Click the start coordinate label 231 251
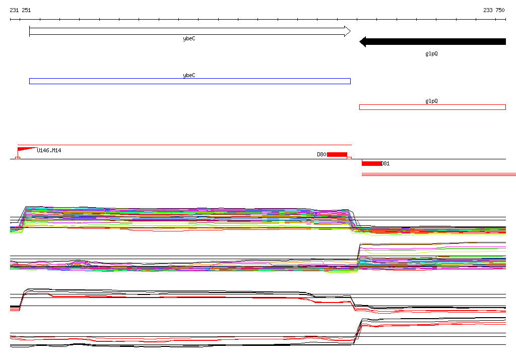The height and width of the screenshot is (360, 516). coord(20,10)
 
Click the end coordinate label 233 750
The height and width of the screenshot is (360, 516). coord(494,10)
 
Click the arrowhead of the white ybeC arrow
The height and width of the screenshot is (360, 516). coord(348,31)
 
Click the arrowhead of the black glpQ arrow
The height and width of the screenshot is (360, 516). coord(363,42)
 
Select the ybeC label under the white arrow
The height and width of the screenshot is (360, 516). coord(189,38)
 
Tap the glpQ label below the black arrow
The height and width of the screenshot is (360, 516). coord(431,53)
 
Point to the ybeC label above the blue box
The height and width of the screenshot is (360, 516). coord(189,76)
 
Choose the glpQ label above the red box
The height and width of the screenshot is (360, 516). coord(431,101)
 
